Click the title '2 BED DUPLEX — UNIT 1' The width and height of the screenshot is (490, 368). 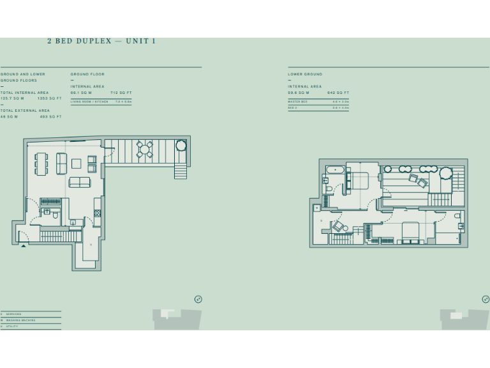click(x=101, y=42)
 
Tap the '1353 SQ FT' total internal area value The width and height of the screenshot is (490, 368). click(x=50, y=98)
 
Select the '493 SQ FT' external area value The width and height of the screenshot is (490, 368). click(x=50, y=117)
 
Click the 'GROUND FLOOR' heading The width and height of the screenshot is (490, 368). click(x=87, y=74)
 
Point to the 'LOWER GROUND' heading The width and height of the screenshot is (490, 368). click(x=305, y=74)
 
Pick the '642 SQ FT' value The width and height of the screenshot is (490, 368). click(x=338, y=93)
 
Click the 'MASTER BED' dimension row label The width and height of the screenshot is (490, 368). click(x=297, y=102)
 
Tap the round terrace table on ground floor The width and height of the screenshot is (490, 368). click(x=145, y=149)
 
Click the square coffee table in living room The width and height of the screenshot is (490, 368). click(x=77, y=163)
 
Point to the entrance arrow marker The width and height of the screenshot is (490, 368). click(x=24, y=245)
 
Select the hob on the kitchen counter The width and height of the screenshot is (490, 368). click(x=97, y=213)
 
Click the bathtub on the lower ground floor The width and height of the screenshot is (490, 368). click(x=335, y=171)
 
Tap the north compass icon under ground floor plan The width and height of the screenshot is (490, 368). click(x=198, y=299)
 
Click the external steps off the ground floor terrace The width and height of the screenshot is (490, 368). click(x=181, y=171)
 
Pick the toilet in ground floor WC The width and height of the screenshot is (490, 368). click(x=56, y=217)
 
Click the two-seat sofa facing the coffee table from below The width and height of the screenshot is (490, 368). click(x=80, y=182)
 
